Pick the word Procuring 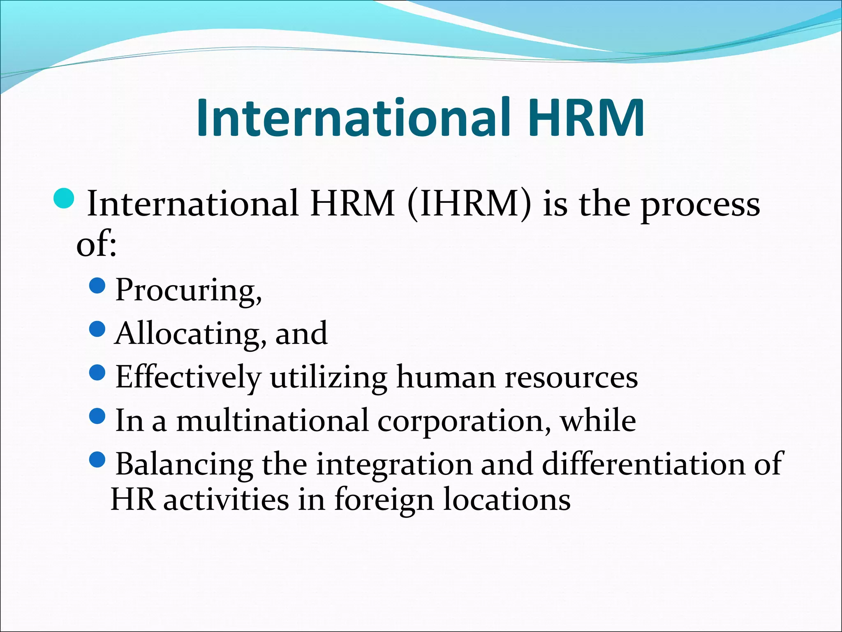[x=188, y=290]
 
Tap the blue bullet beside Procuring [x=97, y=285]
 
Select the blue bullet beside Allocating [x=97, y=329]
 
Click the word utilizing [x=328, y=377]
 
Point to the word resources [x=571, y=377]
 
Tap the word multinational [x=272, y=421]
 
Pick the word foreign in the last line [x=384, y=500]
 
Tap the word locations [x=507, y=500]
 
